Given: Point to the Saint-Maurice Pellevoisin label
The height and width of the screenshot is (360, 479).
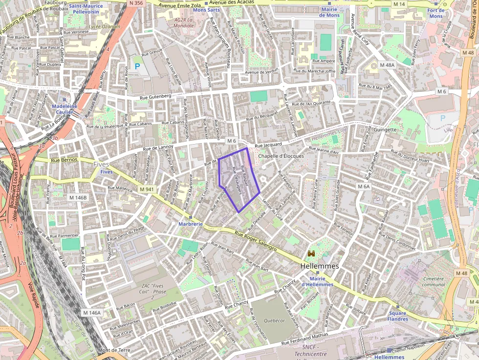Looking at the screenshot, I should (x=86, y=8).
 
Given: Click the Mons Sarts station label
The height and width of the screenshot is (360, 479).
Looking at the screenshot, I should (x=206, y=9).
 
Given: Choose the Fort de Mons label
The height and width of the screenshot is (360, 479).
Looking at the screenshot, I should (x=435, y=13).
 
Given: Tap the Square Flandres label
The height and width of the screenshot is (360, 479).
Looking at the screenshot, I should (x=397, y=316).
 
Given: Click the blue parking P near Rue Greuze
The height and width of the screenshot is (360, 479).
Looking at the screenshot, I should (x=137, y=65).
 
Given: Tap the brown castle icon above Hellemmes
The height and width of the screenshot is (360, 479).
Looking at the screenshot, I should (x=311, y=254).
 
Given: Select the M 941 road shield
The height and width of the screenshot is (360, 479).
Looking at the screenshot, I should (x=146, y=189).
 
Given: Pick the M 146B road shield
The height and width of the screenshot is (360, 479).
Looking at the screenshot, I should (x=77, y=197).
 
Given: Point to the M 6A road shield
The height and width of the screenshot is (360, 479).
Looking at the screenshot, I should (x=363, y=186).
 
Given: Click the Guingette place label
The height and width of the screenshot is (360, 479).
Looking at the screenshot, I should (x=385, y=129).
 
